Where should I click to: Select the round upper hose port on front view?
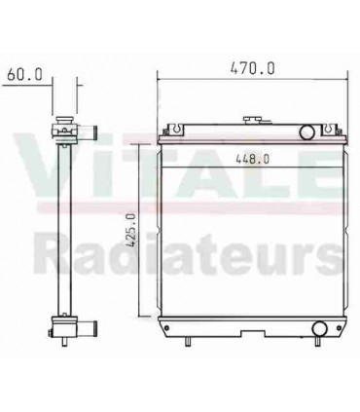point(306,131)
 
